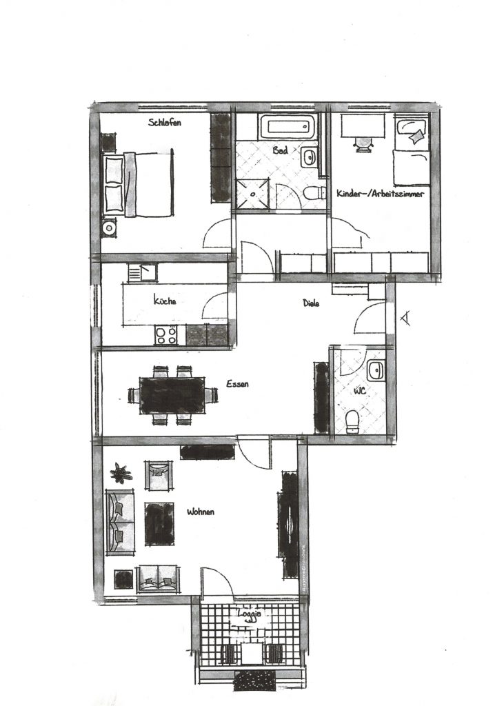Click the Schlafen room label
tap(165, 122)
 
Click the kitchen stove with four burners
tap(166, 335)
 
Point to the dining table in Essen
tap(172, 395)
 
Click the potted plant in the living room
tap(121, 473)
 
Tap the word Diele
tap(311, 303)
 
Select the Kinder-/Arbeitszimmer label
tap(380, 194)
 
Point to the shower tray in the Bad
tap(252, 193)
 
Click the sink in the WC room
tap(375, 370)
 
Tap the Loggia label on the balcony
tap(250, 614)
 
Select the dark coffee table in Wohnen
tap(159, 524)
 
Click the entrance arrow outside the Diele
tap(405, 319)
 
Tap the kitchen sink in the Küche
tap(142, 272)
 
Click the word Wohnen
tap(201, 512)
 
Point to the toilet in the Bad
tap(314, 194)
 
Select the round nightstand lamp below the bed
tap(108, 228)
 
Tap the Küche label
tap(165, 301)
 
